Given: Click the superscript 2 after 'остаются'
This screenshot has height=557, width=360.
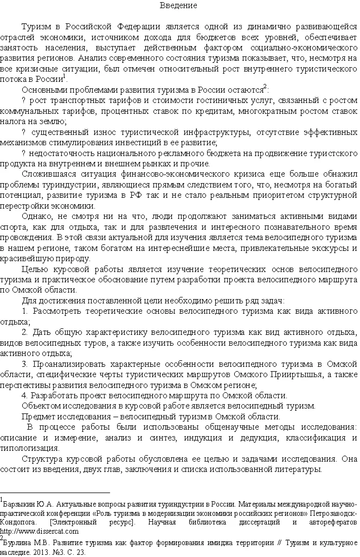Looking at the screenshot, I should [x=265, y=87].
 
